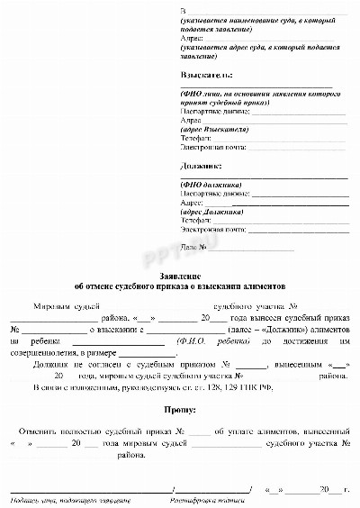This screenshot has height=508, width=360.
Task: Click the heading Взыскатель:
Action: (206, 75)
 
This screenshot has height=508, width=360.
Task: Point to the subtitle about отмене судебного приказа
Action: (180, 283)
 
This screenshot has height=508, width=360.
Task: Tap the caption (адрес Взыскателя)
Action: (215, 129)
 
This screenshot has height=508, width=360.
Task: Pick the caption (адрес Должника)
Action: (212, 211)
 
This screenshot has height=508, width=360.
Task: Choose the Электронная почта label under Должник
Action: (212, 229)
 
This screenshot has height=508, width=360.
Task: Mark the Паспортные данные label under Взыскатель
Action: (213, 111)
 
